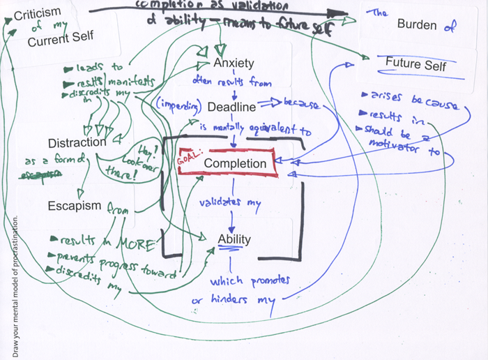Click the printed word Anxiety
234,63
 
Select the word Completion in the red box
235,164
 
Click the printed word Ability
234,239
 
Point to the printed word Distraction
77,142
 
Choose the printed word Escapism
75,207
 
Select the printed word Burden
417,25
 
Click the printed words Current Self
61,38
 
